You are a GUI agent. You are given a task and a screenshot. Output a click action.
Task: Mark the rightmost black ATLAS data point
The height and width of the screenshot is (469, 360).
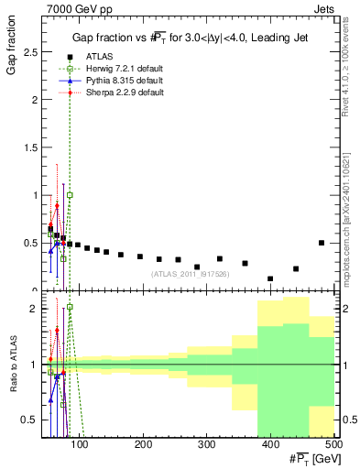tap(321, 243)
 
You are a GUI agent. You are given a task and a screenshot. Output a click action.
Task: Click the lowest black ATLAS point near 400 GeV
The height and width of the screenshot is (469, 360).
tap(270, 278)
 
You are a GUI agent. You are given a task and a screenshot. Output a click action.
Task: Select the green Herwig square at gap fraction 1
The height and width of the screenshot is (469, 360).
tap(70, 195)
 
